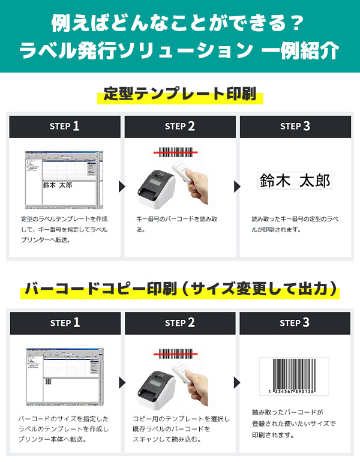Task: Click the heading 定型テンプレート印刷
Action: coord(180,94)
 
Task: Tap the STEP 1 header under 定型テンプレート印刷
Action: coord(64,126)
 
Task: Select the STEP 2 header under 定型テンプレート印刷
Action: coord(180,126)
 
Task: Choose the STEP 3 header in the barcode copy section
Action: coord(295,323)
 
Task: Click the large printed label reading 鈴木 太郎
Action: coord(295,181)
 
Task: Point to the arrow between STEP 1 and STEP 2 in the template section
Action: coord(122,186)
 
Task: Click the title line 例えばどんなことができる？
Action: coord(180,24)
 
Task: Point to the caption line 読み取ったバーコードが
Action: coord(287,412)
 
